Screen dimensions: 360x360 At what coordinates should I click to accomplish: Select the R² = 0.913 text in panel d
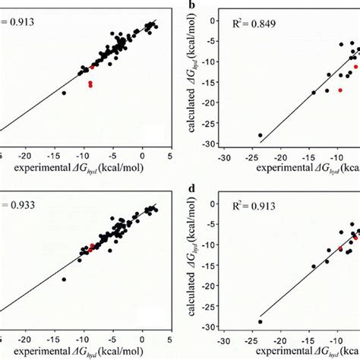point(265,204)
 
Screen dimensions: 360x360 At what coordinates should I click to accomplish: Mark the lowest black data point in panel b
point(261,135)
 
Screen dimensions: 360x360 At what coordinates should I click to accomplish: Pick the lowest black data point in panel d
point(261,321)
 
